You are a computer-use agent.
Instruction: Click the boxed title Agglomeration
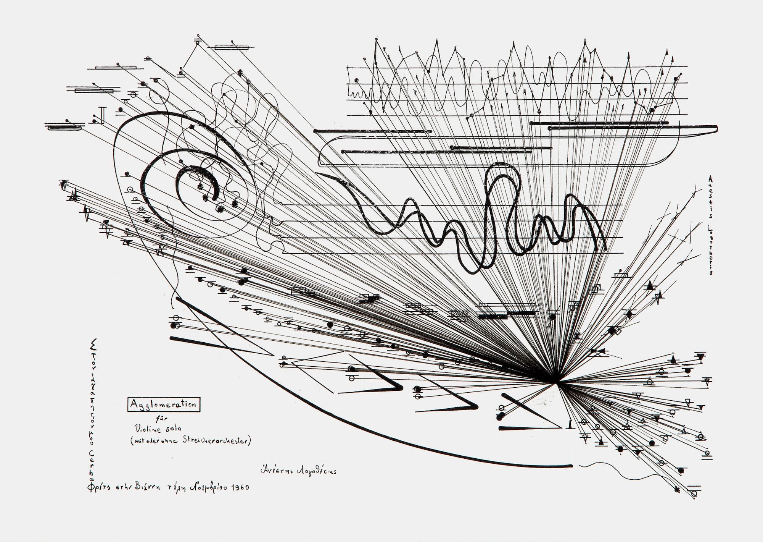click(163, 404)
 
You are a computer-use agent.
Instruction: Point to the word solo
click(172, 429)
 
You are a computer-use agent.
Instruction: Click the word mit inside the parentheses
click(138, 442)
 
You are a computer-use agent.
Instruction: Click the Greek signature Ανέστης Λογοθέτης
click(298, 471)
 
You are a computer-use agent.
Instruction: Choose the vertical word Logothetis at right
click(710, 250)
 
